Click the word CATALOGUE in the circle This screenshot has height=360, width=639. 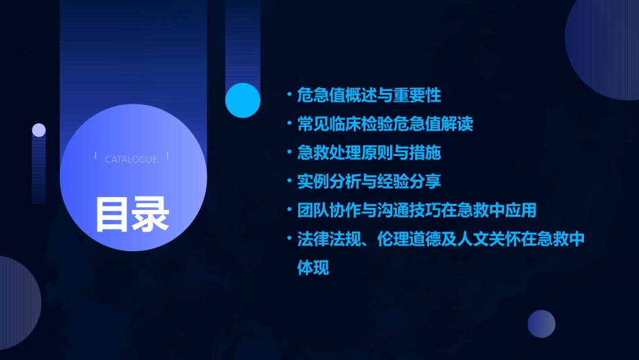[x=131, y=159]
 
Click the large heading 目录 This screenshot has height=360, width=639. [x=131, y=213]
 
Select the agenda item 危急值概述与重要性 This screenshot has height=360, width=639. [x=369, y=95]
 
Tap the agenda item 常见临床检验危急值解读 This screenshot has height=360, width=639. [x=385, y=124]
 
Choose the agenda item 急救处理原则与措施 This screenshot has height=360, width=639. [x=369, y=153]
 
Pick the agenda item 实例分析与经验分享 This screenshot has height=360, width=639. [x=369, y=182]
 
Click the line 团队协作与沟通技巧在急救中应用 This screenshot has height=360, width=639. [x=416, y=210]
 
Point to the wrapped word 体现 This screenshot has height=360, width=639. [x=313, y=267]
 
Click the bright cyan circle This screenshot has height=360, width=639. [x=243, y=100]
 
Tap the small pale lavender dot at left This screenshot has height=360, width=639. [x=39, y=130]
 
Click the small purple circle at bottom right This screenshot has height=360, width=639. [x=541, y=324]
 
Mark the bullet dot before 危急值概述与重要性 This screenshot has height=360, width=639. [x=289, y=95]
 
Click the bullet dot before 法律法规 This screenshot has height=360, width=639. [x=289, y=239]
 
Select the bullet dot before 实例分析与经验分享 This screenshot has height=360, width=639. [x=289, y=182]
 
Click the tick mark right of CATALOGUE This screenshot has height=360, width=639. [x=167, y=156]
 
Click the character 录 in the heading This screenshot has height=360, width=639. [x=151, y=213]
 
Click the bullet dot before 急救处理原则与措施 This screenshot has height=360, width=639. [x=289, y=153]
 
